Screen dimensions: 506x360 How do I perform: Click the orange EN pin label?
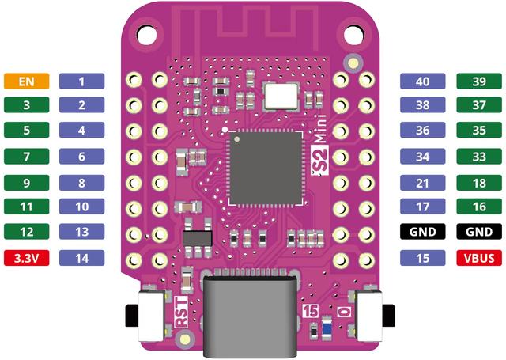26,81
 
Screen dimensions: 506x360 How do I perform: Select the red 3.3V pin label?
26,258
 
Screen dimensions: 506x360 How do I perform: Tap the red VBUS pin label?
479,258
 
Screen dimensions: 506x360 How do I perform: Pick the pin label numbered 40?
423,81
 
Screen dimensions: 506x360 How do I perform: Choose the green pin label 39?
479,81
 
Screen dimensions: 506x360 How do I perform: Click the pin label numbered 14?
81,258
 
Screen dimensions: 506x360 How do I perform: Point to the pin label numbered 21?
423,183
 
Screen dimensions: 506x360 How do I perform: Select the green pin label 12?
26,232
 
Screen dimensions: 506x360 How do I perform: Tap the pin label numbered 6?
81,157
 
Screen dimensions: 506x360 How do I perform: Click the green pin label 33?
479,157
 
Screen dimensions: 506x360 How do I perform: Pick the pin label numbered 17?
423,207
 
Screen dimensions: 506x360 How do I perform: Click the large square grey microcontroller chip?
266,169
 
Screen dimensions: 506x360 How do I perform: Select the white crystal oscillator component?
281,96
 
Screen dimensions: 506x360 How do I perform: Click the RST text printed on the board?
181,313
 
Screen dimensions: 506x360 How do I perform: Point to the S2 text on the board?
319,160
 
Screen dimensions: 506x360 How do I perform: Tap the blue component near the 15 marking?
327,328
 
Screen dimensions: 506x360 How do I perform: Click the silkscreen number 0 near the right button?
345,312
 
